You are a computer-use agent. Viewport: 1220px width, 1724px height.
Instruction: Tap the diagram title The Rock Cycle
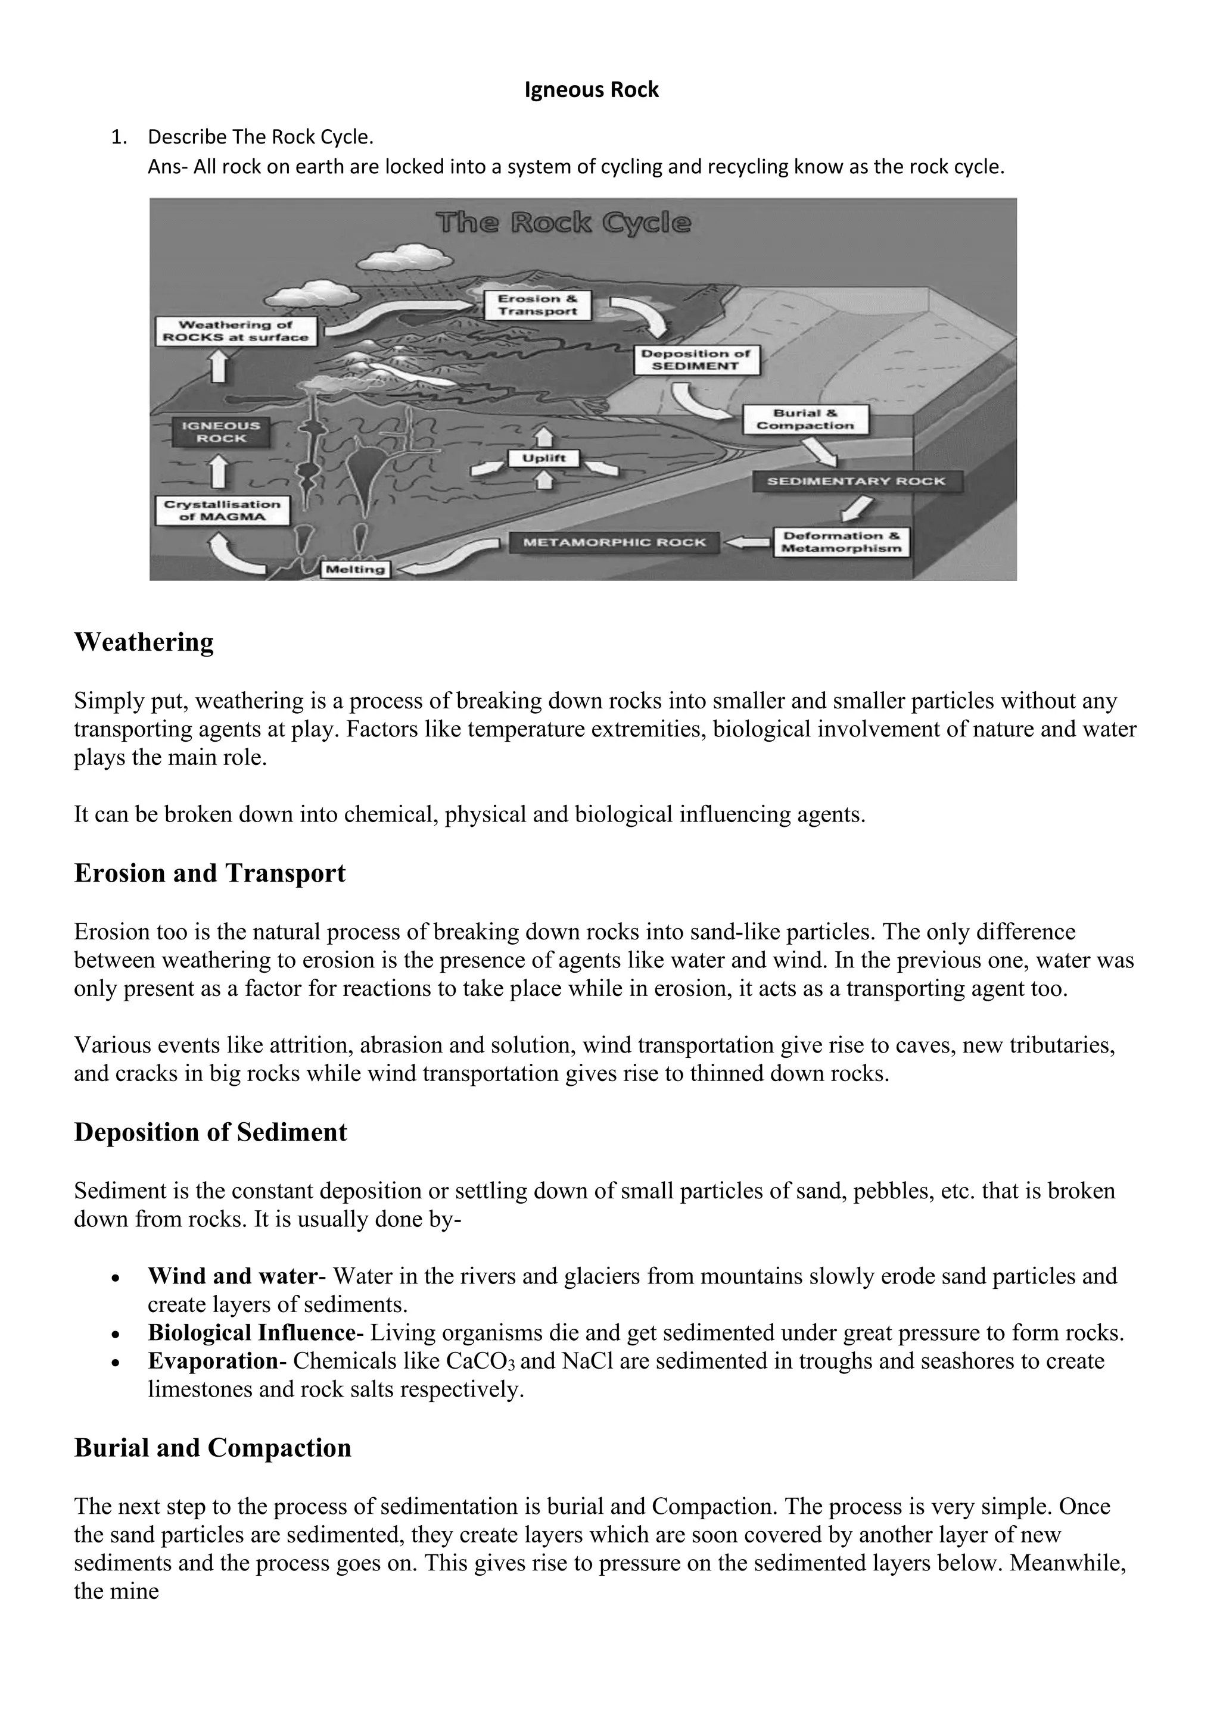(x=564, y=223)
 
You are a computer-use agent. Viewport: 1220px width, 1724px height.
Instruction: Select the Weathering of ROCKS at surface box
(x=236, y=331)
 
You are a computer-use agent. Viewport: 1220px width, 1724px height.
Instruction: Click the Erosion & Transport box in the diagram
(x=537, y=305)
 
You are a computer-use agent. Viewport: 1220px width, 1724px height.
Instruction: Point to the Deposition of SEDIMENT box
(x=696, y=360)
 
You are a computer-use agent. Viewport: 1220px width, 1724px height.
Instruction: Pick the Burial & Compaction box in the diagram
(x=805, y=419)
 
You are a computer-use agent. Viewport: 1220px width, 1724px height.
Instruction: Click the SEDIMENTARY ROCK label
(x=857, y=482)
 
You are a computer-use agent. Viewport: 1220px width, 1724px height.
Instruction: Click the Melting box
(x=355, y=569)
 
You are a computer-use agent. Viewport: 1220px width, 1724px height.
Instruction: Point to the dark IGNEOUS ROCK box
(x=221, y=432)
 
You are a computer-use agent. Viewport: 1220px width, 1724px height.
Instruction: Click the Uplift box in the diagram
(x=544, y=458)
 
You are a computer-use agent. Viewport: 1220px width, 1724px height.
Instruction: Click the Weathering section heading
(x=144, y=642)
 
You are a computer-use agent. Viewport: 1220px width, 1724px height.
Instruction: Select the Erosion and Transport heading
(x=210, y=873)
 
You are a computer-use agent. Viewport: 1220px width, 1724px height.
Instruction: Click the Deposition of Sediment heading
(x=210, y=1132)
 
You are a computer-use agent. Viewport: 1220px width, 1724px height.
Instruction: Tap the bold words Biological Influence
(x=251, y=1333)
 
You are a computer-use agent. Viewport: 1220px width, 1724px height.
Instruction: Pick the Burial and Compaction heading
(x=213, y=1448)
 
